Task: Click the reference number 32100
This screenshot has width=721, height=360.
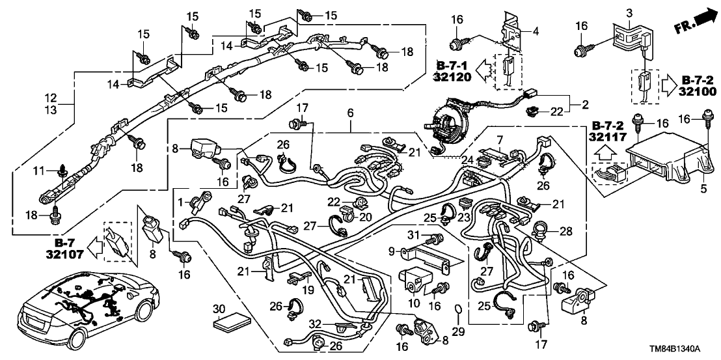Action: pyautogui.click(x=695, y=92)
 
